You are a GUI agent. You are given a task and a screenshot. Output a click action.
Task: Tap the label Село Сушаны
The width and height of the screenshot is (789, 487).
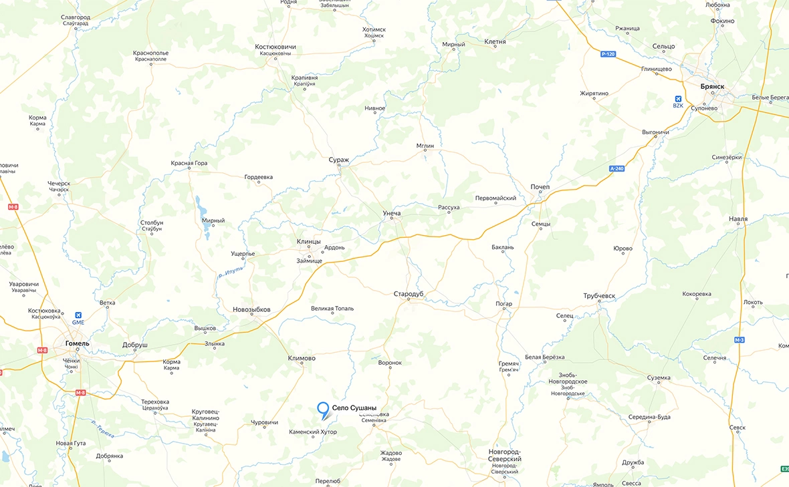(x=359, y=408)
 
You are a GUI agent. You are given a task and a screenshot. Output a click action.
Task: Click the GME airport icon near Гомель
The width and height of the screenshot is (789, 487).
(x=79, y=315)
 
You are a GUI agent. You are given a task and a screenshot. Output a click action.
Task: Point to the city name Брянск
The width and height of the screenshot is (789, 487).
(x=712, y=87)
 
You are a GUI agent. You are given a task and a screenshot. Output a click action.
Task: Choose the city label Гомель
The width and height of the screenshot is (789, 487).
(x=78, y=343)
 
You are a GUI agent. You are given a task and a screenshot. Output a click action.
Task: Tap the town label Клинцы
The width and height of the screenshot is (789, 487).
(x=308, y=241)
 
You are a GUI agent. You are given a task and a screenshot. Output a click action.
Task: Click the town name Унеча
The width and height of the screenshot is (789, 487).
(x=391, y=213)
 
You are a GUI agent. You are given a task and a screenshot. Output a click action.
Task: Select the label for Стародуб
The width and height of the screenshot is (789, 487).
(x=409, y=294)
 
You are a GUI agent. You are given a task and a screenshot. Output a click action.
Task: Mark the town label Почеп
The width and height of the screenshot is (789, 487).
(x=540, y=187)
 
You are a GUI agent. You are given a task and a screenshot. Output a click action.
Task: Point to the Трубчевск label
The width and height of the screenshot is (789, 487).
(x=598, y=296)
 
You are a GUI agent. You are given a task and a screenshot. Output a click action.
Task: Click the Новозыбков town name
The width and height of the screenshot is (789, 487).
(x=251, y=309)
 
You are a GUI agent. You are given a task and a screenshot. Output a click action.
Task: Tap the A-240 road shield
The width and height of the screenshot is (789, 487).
(x=616, y=168)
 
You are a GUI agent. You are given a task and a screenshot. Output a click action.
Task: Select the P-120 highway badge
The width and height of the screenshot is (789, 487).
(x=608, y=53)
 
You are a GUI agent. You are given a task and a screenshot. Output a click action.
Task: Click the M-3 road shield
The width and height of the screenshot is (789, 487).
(x=739, y=340)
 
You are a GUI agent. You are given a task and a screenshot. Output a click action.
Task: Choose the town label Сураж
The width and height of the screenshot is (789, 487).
(x=339, y=160)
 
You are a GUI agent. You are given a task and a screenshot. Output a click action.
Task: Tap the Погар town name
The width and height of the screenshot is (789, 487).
(x=503, y=304)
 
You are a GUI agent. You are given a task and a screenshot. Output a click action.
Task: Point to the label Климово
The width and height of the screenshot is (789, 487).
(x=302, y=358)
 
